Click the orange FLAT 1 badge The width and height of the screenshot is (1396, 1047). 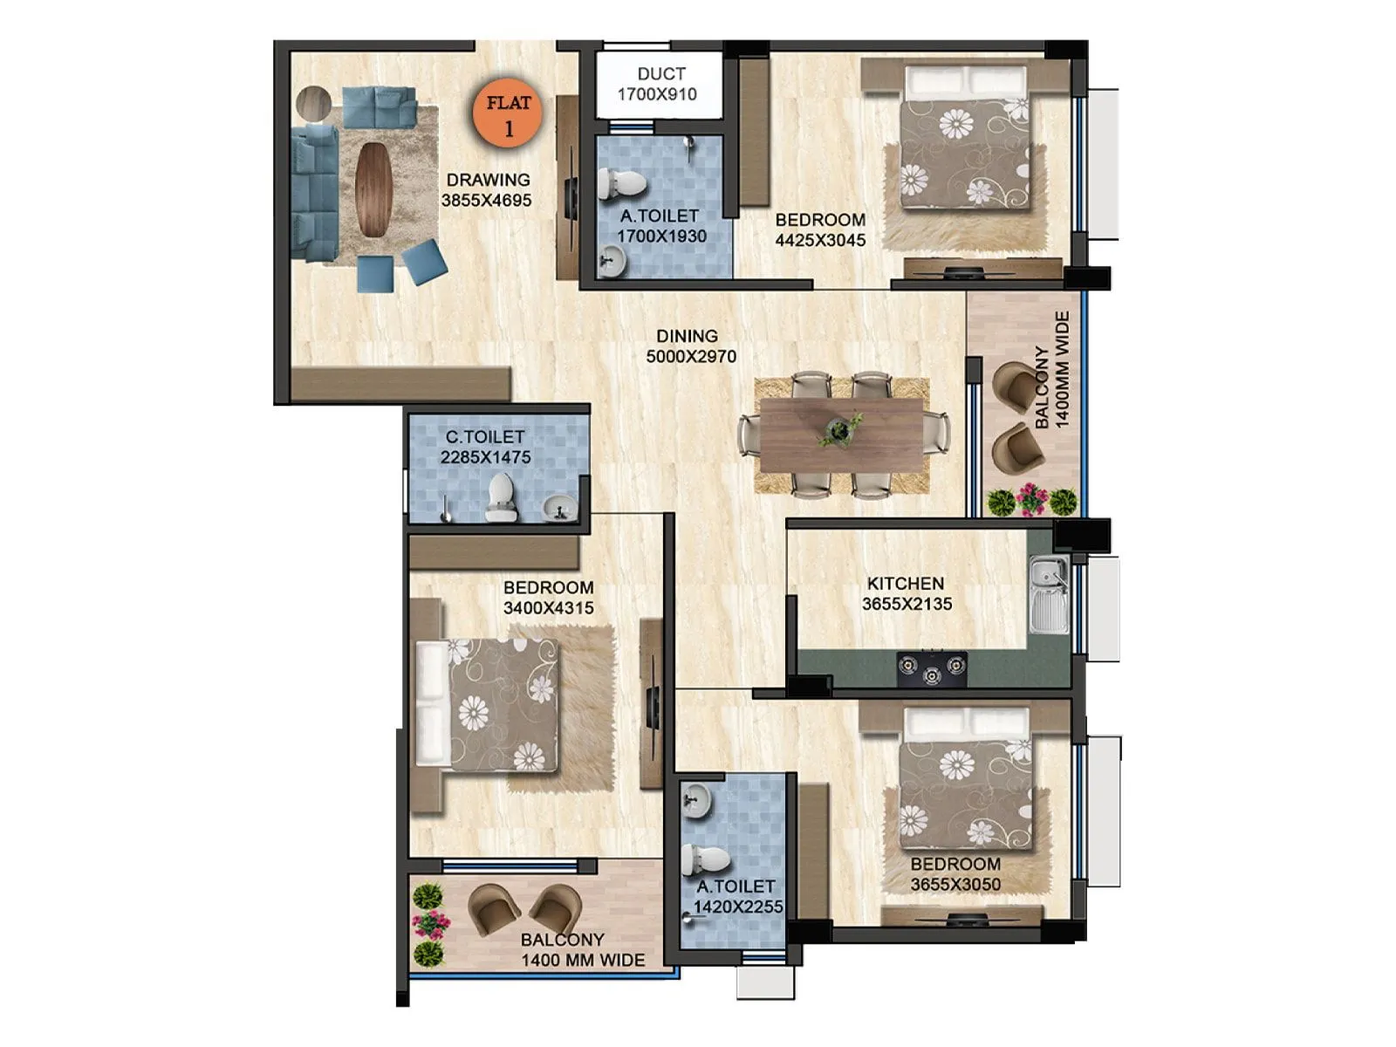(x=508, y=114)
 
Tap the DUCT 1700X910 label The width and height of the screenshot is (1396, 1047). (x=659, y=84)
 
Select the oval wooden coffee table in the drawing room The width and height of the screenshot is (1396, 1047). (x=373, y=188)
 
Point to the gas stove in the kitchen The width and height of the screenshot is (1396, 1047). (x=932, y=668)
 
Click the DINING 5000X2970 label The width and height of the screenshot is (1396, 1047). (x=690, y=346)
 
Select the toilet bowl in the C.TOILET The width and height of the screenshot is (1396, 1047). (x=500, y=497)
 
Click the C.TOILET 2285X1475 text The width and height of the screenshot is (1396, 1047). (x=485, y=446)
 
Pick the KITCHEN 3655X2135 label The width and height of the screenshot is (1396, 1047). (x=906, y=593)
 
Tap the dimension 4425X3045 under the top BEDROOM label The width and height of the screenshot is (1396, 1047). (x=820, y=240)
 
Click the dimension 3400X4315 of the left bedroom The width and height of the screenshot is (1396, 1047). (x=548, y=608)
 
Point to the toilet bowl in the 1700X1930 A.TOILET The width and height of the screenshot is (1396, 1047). (x=621, y=183)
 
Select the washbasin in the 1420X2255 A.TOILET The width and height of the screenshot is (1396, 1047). (x=695, y=798)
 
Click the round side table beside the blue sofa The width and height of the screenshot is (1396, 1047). (x=314, y=103)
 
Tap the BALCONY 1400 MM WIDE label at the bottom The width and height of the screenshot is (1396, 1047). (x=582, y=950)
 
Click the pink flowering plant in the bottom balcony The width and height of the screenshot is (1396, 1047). (x=430, y=924)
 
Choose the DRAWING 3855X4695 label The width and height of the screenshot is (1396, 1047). (x=487, y=189)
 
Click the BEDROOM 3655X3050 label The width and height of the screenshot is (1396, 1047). (x=955, y=874)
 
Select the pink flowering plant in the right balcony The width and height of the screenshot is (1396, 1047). (x=1031, y=499)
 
